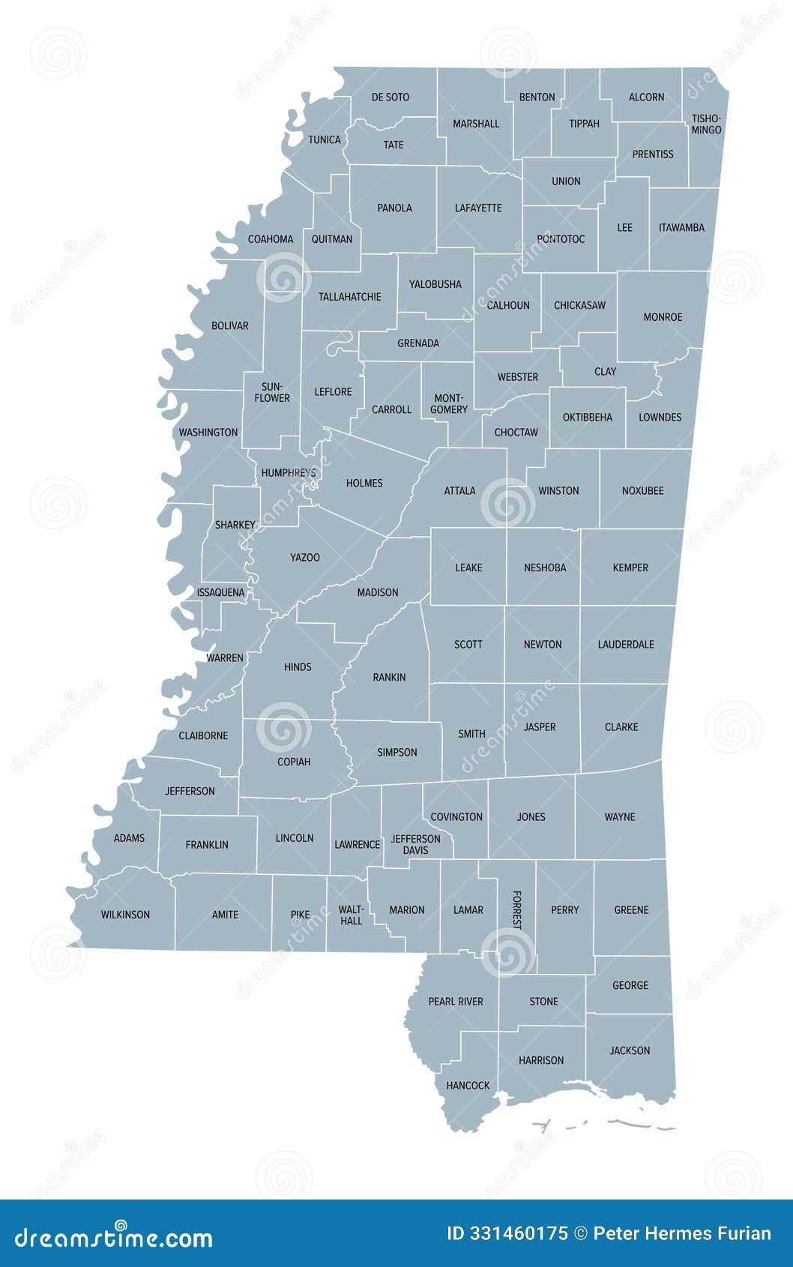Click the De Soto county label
(x=391, y=97)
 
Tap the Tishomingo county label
(x=706, y=124)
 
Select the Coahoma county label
(x=271, y=240)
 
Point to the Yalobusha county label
(x=435, y=285)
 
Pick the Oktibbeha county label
(x=588, y=418)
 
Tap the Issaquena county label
(x=220, y=593)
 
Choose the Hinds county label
(x=298, y=667)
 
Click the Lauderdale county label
(x=626, y=645)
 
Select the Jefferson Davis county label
(x=415, y=845)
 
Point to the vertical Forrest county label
(x=516, y=910)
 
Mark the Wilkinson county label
(x=125, y=915)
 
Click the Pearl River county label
(x=456, y=1002)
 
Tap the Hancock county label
(x=468, y=1086)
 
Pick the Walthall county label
(x=351, y=915)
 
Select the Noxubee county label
(x=642, y=491)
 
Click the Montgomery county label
(x=449, y=404)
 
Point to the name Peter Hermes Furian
(x=681, y=1233)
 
